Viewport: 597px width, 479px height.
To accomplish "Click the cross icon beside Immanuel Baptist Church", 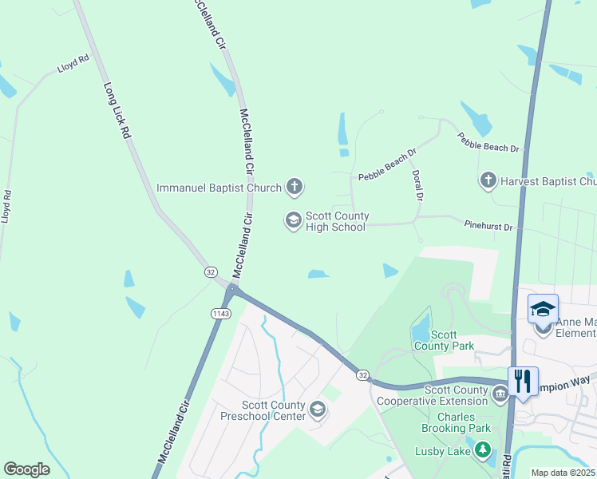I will click(x=295, y=188).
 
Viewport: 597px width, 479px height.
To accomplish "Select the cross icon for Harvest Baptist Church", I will click(x=488, y=181).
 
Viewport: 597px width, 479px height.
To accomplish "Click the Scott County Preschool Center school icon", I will click(x=318, y=410).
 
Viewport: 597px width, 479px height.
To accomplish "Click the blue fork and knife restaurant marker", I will click(x=523, y=380).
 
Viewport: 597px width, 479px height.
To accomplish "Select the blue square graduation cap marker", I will click(x=543, y=308).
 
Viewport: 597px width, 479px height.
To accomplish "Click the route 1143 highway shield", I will click(x=220, y=313).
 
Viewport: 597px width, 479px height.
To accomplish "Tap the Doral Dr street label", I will click(x=417, y=184).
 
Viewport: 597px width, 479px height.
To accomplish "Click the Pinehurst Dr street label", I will click(x=488, y=227).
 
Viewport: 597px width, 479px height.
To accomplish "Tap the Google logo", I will click(x=26, y=469).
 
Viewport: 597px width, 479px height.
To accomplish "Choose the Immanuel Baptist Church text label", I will click(x=219, y=188).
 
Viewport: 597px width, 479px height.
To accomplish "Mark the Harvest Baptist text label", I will click(x=548, y=181).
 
